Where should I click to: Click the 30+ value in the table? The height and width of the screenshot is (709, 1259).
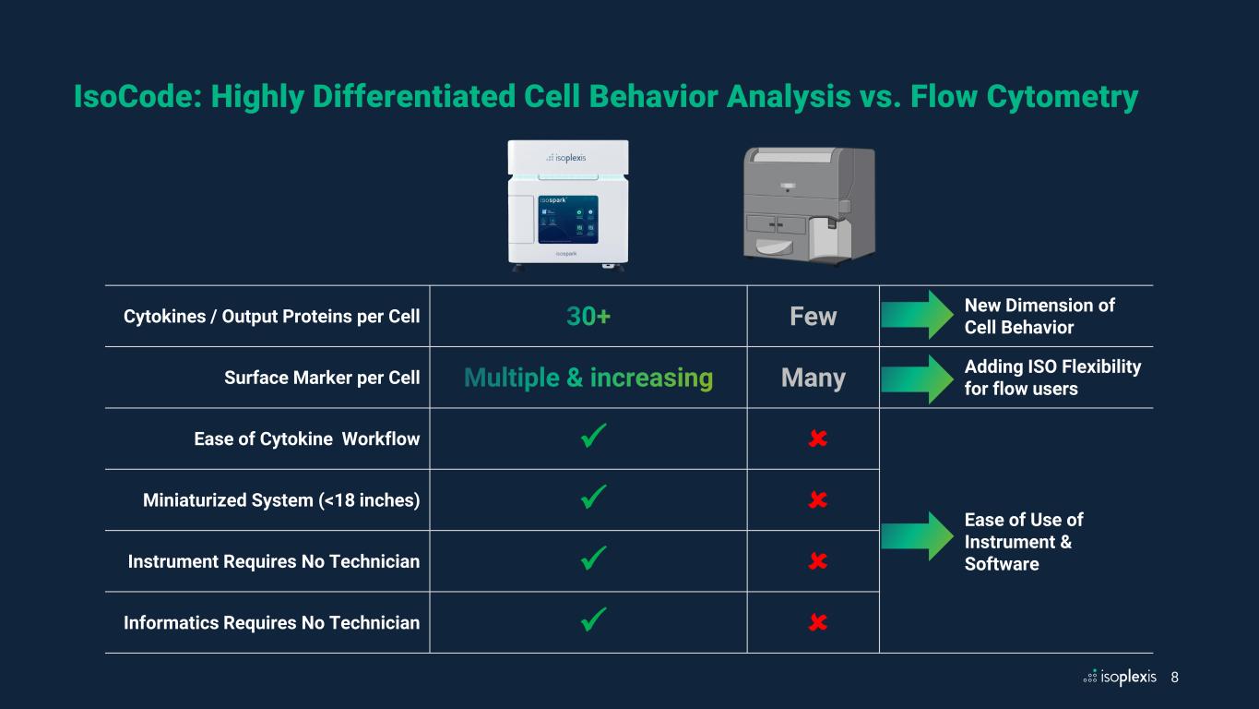588,317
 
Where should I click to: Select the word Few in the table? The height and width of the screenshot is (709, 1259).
813,317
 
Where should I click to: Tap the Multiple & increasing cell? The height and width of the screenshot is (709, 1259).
588,378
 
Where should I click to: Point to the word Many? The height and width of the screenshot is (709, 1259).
813,378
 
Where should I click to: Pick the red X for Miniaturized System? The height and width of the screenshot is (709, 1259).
816,500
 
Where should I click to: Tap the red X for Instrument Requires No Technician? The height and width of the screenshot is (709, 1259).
816,561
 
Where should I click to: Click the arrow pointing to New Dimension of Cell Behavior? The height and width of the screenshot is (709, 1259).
917,316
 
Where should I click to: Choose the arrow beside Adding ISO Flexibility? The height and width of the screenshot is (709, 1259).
917,378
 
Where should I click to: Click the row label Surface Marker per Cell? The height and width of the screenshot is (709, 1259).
322,378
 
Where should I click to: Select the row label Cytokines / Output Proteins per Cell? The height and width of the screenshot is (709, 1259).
271,317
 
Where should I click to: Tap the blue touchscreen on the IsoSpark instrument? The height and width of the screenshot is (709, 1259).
568,218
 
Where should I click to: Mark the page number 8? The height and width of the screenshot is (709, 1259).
1174,677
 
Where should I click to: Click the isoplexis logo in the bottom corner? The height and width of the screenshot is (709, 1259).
1120,677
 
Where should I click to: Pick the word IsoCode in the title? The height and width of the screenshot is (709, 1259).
138,97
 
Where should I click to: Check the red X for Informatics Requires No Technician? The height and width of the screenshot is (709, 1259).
816,623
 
